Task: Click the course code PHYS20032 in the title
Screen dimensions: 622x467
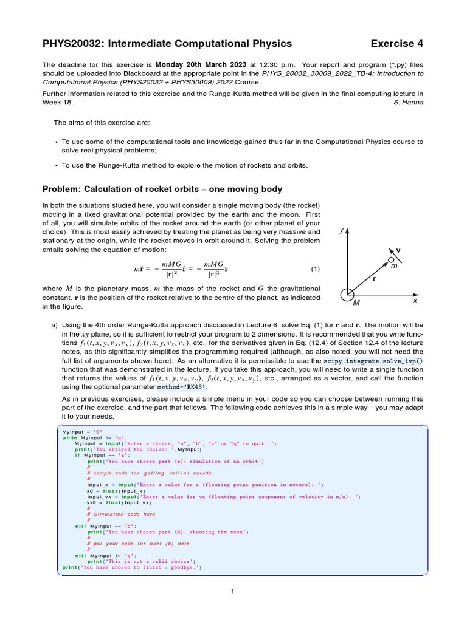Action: pos(72,43)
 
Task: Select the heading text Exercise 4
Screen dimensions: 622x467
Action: pos(396,43)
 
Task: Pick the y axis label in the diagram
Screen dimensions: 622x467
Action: pos(342,230)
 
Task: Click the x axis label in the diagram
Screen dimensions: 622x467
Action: pos(415,300)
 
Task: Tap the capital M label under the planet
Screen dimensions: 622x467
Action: pos(356,302)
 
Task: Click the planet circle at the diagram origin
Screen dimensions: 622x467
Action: pos(347,293)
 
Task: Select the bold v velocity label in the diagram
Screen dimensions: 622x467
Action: pos(398,250)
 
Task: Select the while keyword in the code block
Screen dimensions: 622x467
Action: pos(69,437)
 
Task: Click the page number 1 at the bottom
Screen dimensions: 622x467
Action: pos(233,591)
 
